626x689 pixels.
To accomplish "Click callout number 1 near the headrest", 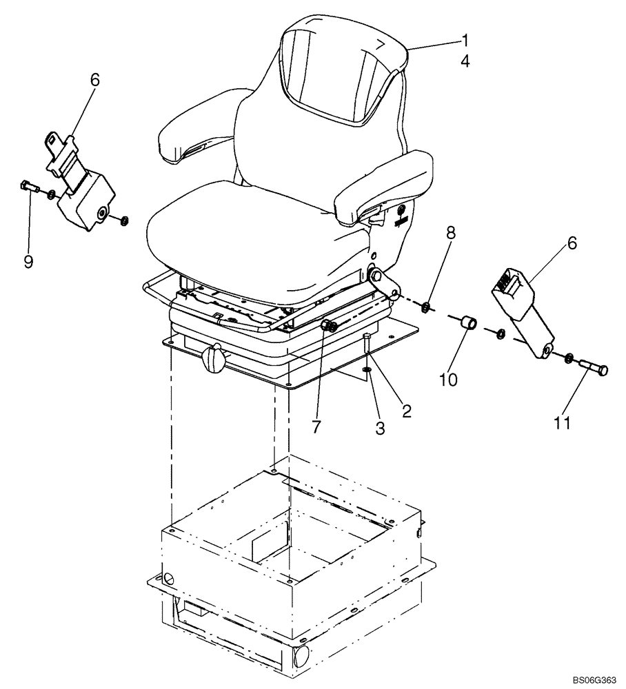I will point(465,39).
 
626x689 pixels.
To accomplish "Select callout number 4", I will point(465,61).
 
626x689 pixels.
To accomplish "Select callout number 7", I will point(316,427).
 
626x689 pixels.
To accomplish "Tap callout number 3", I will point(379,429).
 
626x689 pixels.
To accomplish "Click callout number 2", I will point(406,411).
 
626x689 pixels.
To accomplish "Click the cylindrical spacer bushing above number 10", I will point(466,322).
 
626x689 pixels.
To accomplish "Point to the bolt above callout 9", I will point(28,185).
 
